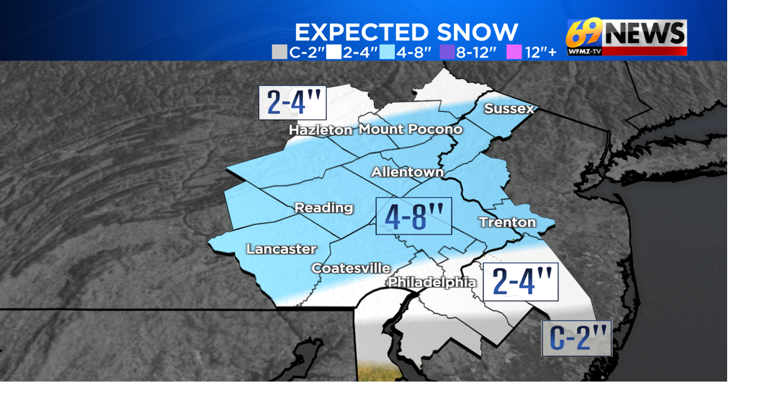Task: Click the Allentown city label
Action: pos(407,173)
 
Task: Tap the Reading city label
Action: pos(324,208)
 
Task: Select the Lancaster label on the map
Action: pos(281,249)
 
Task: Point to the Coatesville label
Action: pos(351,268)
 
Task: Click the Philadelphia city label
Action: pos(431,282)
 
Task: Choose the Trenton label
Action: pos(507,222)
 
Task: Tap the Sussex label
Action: pos(509,109)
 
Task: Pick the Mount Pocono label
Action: pos(410,130)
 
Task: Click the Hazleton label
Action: pos(320,130)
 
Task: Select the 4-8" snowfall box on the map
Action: pos(414,216)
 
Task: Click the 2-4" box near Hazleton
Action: pos(293,103)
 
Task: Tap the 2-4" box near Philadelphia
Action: pos(521,282)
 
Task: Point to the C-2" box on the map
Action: pos(576,339)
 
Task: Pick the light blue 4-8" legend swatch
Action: pos(386,52)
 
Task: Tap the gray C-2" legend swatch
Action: pos(279,52)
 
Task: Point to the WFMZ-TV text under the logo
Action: pos(584,51)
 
